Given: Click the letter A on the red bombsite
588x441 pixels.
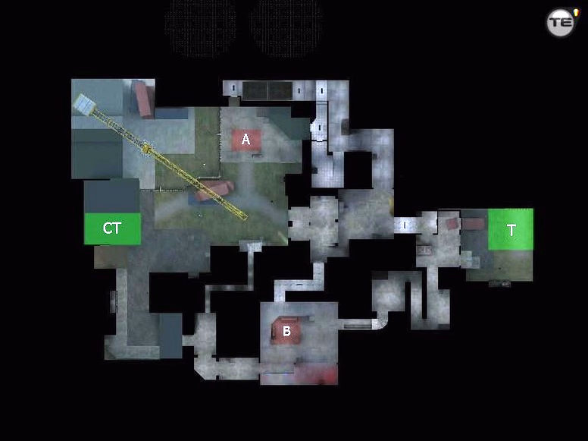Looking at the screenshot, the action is (x=246, y=140).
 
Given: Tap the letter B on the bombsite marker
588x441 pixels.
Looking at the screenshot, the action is (x=286, y=331).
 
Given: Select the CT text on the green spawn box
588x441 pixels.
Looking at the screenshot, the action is (x=112, y=228).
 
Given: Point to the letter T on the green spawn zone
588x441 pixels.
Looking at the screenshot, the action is (x=511, y=230).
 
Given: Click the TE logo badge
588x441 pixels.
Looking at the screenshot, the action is (x=561, y=23).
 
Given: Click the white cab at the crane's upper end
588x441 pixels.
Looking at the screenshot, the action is (x=83, y=104).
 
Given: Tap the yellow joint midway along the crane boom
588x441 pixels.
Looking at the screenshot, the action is (x=146, y=148).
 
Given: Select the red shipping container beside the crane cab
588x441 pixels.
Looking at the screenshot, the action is (x=143, y=99).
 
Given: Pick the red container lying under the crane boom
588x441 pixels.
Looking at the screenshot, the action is (x=214, y=190).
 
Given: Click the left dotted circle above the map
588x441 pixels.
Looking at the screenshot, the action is (x=201, y=28).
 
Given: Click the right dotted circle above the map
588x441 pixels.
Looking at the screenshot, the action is (x=287, y=28).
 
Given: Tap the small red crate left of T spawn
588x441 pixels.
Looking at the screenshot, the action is (x=452, y=224).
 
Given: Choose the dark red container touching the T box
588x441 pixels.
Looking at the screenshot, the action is (x=474, y=224).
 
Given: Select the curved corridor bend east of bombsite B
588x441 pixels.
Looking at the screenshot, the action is (x=380, y=322).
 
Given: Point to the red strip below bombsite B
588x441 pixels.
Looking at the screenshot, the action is (x=316, y=374).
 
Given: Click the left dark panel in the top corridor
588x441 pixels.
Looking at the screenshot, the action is (x=255, y=90).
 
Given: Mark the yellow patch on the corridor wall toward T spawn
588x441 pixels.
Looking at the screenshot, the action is (x=392, y=205).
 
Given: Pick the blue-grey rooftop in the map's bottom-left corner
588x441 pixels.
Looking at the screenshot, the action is (x=171, y=335).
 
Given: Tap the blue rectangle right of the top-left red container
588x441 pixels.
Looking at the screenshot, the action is (x=171, y=113).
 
